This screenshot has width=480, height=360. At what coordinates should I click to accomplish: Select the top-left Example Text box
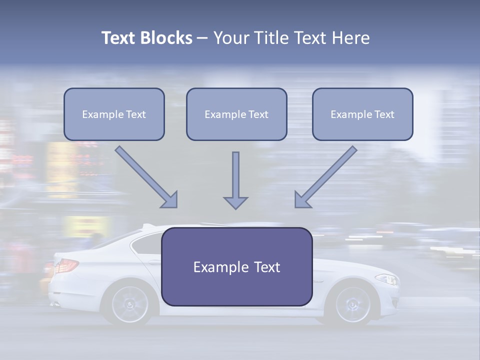tap(114, 114)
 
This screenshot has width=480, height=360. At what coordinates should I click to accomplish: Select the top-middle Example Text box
tap(236, 114)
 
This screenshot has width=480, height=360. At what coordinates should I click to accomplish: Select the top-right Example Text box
tap(362, 114)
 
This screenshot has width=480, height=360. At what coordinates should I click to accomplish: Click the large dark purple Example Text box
tap(236, 266)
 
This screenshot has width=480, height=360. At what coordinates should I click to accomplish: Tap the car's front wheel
tap(353, 303)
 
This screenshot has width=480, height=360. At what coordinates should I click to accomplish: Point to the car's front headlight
tap(386, 279)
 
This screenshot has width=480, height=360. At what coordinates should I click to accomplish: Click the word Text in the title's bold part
tap(118, 38)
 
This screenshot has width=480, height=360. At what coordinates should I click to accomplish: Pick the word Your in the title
tap(230, 38)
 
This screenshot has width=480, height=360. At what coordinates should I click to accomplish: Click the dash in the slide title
tap(202, 38)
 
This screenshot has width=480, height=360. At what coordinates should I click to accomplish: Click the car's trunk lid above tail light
tap(75, 253)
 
